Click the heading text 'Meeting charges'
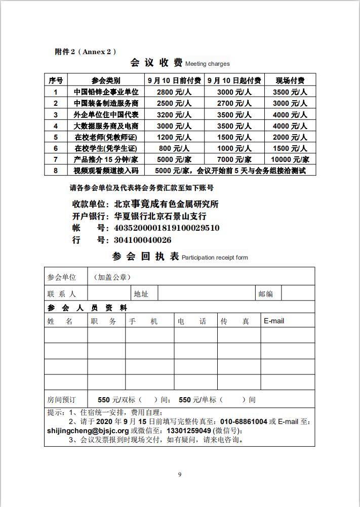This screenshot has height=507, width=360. click(x=207, y=64)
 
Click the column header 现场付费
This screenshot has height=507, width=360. click(x=290, y=80)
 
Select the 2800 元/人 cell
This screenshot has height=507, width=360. click(x=174, y=92)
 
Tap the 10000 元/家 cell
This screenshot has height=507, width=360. click(x=290, y=159)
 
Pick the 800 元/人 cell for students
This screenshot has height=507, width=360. click(x=174, y=148)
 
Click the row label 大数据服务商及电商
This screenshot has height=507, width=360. click(x=106, y=126)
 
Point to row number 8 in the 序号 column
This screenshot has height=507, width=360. click(x=56, y=171)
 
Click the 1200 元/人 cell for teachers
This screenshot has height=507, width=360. click(x=174, y=137)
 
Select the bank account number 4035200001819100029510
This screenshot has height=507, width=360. click(x=167, y=228)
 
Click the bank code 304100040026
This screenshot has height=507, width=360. click(x=142, y=240)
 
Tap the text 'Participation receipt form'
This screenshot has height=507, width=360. click(x=215, y=258)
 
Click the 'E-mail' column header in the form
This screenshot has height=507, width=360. click(x=274, y=321)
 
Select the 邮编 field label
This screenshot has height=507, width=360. click(x=266, y=293)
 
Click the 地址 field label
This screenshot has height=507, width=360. click(x=141, y=293)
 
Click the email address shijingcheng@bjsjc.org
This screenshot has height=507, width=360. click(x=88, y=431)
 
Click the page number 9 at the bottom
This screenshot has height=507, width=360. click(x=180, y=474)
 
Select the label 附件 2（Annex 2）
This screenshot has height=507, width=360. click(x=86, y=51)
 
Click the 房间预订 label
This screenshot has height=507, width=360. click(x=61, y=400)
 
